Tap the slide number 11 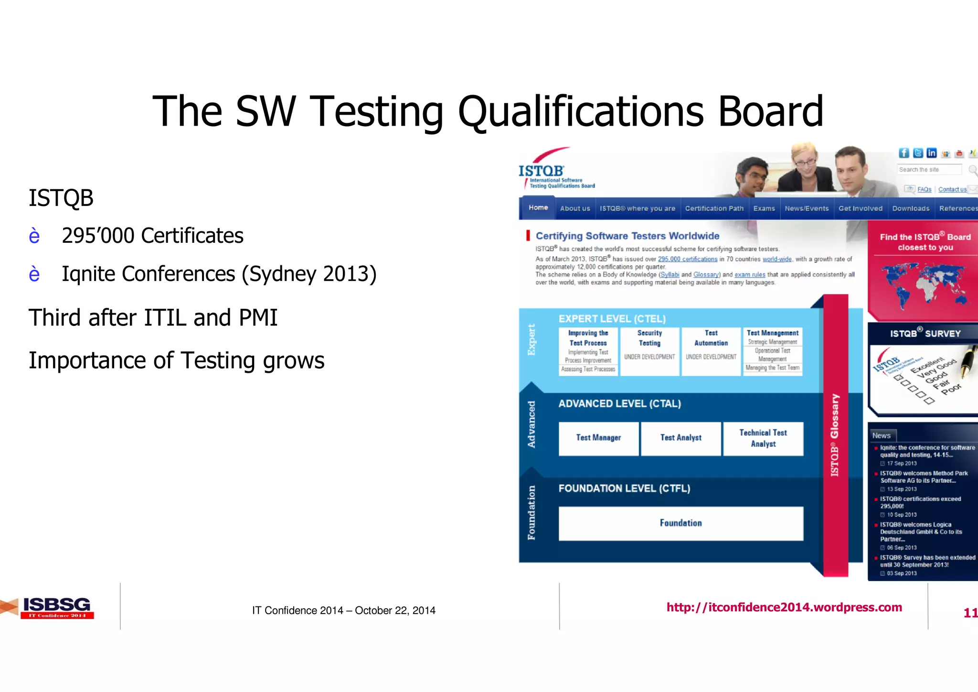tap(970, 613)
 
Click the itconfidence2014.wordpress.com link tap(784, 607)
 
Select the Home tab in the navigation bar tap(538, 208)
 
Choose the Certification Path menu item tap(714, 208)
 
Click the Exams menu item tap(764, 208)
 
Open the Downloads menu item tap(911, 208)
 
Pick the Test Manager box tap(598, 438)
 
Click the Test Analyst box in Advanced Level tap(681, 438)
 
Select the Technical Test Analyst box tap(763, 438)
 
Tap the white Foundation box tap(681, 523)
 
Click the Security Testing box tap(649, 351)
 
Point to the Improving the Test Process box tap(588, 351)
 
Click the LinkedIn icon tap(931, 153)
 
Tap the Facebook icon tap(904, 153)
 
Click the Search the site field tap(929, 170)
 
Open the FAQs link tap(924, 190)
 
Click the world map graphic tap(925, 284)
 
